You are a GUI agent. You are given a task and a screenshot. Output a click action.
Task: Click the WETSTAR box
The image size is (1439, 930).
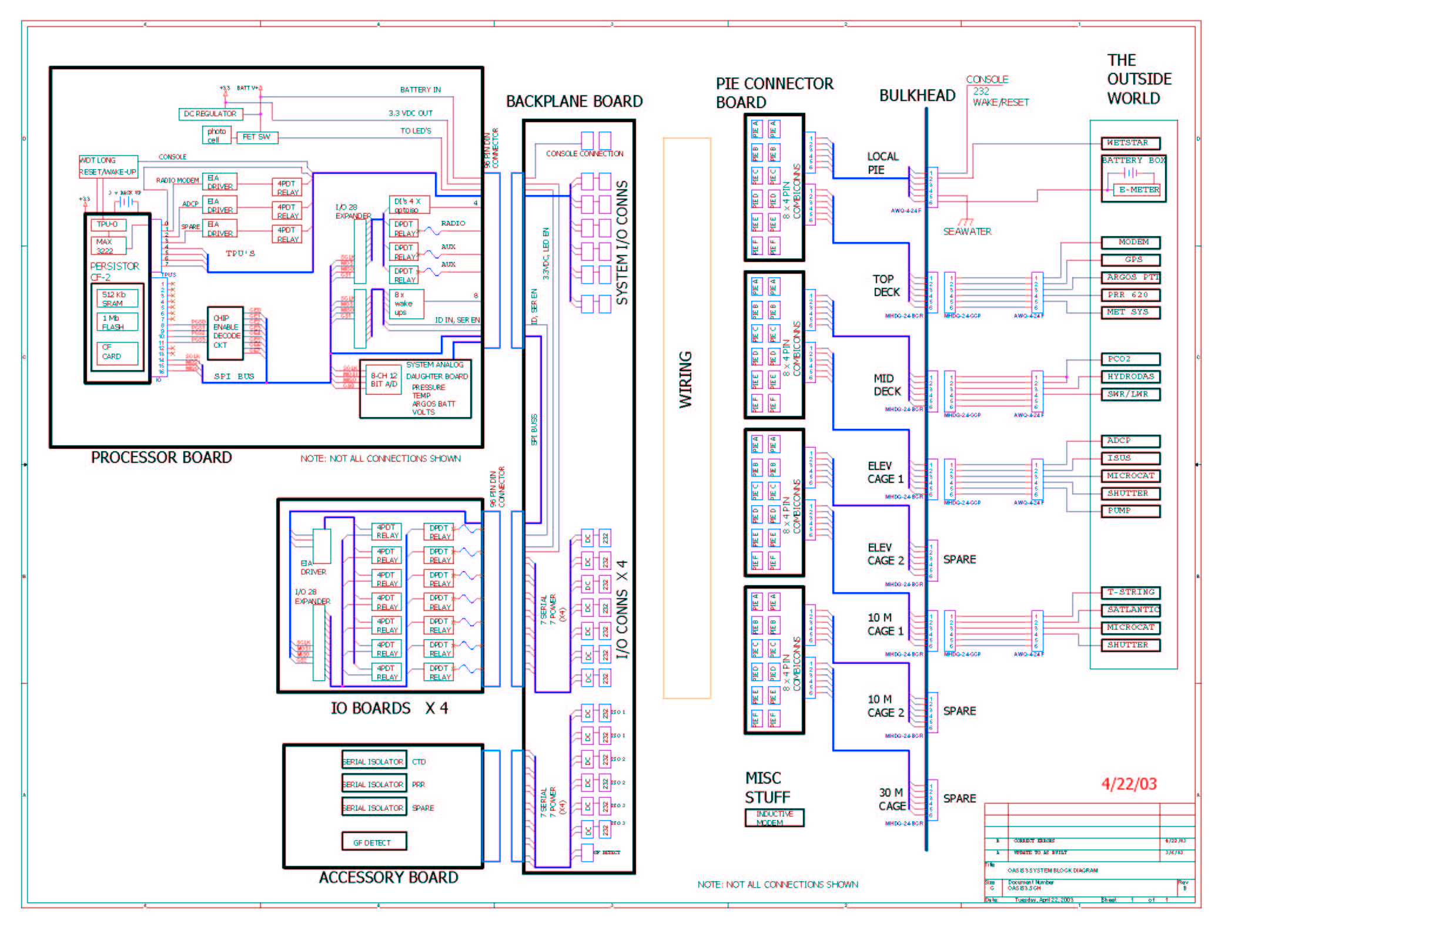click(1130, 143)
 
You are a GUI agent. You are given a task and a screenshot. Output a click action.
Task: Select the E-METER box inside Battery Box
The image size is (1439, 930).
click(1138, 190)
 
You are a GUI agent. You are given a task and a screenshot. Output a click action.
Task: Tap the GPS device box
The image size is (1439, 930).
click(1130, 260)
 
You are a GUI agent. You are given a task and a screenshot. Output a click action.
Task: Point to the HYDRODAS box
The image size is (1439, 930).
click(1130, 376)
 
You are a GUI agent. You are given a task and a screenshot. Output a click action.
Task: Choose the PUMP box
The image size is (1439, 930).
click(1130, 511)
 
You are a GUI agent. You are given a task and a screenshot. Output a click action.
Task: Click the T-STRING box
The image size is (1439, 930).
click(1130, 592)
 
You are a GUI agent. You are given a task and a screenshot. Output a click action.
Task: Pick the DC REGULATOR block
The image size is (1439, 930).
click(210, 113)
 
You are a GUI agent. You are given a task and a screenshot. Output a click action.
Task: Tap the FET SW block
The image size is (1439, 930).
click(256, 137)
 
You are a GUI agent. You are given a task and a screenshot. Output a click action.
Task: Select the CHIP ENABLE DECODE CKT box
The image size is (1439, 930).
click(225, 332)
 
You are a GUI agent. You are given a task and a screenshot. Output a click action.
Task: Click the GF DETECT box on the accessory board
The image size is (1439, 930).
click(373, 842)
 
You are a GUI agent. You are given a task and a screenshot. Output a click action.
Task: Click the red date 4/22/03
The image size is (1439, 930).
click(1129, 784)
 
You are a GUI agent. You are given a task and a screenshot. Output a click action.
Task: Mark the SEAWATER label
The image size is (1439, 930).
click(966, 231)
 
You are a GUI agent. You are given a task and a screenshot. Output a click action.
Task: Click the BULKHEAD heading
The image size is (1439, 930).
click(917, 95)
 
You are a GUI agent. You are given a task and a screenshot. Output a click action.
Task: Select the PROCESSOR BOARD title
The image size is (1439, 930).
click(161, 457)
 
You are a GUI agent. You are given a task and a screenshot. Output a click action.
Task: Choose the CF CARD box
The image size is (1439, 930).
click(117, 352)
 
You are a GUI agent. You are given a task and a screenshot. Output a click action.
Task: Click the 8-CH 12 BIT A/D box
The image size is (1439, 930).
click(384, 380)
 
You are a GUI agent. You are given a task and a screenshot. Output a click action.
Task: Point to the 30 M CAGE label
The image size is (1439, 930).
click(892, 799)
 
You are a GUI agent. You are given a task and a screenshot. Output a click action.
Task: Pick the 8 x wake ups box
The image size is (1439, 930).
click(407, 304)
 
